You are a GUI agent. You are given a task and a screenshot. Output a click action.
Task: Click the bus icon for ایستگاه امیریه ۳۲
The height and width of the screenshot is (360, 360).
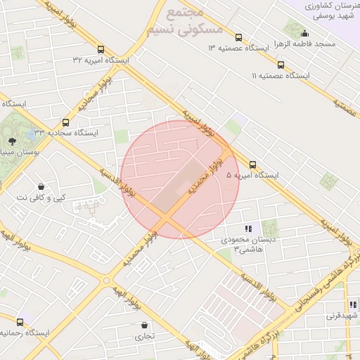point(101,50)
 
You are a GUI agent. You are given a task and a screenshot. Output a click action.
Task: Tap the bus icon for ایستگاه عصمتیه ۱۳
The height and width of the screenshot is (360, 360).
point(238,38)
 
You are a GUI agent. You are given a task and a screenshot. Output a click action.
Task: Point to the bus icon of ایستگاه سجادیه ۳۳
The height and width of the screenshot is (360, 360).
point(66,122)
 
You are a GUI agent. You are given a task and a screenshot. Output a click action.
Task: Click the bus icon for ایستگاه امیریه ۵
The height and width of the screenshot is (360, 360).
point(253,165)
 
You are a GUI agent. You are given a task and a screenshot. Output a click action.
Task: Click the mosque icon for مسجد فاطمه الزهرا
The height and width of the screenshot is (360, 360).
point(304,33)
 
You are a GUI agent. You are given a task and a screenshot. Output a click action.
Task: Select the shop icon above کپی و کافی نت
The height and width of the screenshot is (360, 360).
point(41,187)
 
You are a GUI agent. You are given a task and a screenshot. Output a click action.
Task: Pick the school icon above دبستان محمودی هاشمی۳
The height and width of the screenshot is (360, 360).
point(247,229)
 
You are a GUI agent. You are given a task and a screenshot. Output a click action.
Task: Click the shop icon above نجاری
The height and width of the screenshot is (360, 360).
point(145,326)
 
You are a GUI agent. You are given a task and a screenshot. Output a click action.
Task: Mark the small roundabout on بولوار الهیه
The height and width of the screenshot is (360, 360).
point(106,281)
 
